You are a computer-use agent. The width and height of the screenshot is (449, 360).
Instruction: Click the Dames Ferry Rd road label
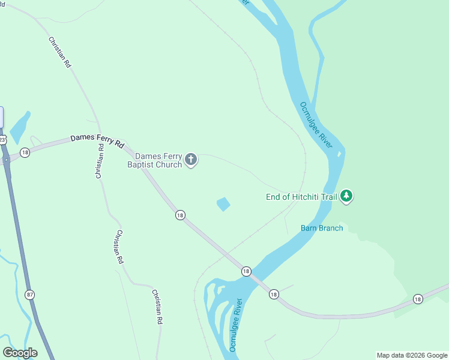pyautogui.click(x=97, y=141)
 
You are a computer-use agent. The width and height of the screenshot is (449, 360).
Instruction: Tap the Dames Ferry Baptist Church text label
pyautogui.click(x=155, y=160)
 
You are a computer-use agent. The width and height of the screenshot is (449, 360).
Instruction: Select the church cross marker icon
pyautogui.click(x=191, y=160)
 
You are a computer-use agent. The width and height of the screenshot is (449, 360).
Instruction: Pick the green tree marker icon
pyautogui.click(x=346, y=196)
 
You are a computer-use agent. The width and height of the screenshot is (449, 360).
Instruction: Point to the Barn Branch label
pyautogui.click(x=322, y=228)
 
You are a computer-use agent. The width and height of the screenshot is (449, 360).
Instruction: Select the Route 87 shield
pyautogui.click(x=30, y=295)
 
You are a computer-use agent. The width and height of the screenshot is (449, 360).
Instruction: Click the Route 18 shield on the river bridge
pyautogui.click(x=246, y=272)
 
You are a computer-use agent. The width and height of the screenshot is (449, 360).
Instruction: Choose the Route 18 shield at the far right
pyautogui.click(x=418, y=299)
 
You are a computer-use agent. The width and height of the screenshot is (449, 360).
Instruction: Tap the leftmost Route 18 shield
pyautogui.click(x=25, y=152)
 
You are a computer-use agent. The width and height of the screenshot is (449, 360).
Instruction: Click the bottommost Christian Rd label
pyautogui.click(x=157, y=308)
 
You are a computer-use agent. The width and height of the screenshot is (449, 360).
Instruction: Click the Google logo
pyautogui.click(x=20, y=353)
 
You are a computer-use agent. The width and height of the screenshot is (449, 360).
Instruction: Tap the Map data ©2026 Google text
pyautogui.click(x=412, y=355)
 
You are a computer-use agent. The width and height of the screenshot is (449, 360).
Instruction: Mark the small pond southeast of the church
pyautogui.click(x=223, y=204)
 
